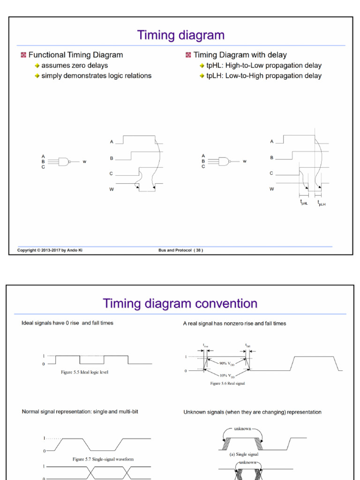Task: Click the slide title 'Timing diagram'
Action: (x=180, y=35)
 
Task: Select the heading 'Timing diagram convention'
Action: (x=180, y=304)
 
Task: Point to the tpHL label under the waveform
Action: (x=304, y=202)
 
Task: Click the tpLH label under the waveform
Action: (x=321, y=202)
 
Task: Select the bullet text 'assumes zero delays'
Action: (x=75, y=66)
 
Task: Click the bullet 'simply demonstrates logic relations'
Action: (x=96, y=75)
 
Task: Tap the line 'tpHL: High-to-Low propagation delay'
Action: (x=264, y=66)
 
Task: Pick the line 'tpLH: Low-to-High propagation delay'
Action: (x=264, y=75)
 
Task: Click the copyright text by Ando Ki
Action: (x=50, y=250)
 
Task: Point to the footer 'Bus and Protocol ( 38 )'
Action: (x=181, y=250)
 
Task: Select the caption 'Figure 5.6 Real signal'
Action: (x=227, y=383)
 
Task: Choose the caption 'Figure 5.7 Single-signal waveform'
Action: (x=103, y=459)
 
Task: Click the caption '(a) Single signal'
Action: (x=244, y=454)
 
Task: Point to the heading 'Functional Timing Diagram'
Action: (x=75, y=55)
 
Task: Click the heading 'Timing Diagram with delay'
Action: (x=240, y=55)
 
